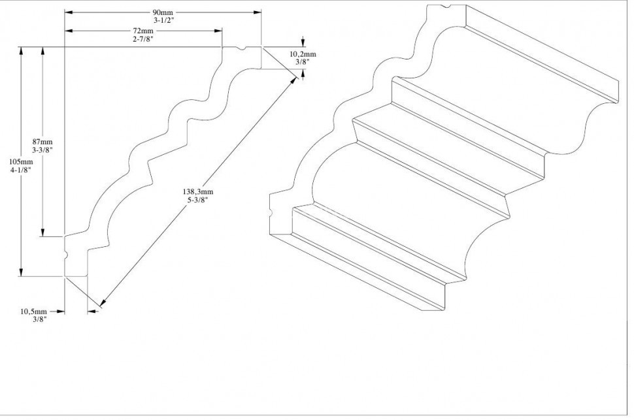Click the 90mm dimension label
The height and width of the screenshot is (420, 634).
tap(162, 12)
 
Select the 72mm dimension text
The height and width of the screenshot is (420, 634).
tap(143, 31)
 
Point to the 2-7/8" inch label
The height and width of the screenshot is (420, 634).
tap(143, 39)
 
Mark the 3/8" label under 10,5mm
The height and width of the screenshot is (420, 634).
tap(38, 319)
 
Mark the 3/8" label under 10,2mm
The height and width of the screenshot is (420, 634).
tap(302, 62)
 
